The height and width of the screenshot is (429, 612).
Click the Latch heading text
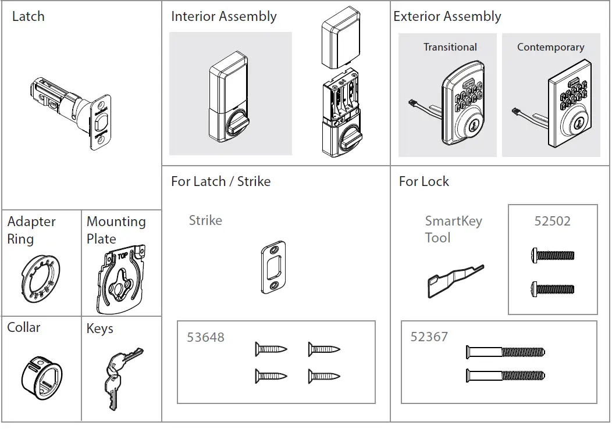28,16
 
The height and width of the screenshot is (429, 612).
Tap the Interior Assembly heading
223,16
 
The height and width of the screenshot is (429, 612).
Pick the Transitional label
450,47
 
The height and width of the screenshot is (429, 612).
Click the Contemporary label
550,47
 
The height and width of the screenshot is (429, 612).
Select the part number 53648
205,337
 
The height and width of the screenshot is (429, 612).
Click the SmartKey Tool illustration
454,279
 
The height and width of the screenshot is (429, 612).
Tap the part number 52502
552,221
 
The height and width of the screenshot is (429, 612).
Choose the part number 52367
429,337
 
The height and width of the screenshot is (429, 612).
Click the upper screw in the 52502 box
553,255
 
